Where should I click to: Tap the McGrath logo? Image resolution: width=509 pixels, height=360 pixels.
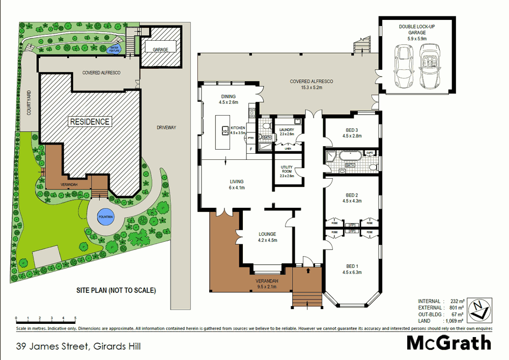(449, 343)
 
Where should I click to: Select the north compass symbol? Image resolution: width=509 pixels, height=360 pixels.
(478, 310)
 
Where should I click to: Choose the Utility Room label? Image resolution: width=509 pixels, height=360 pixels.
(287, 171)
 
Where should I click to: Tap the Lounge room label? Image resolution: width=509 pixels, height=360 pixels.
(266, 237)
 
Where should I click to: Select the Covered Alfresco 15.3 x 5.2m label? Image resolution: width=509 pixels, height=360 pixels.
(311, 84)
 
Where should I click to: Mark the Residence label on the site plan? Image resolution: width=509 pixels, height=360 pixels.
(90, 122)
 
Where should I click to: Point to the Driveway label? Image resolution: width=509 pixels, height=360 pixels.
(165, 127)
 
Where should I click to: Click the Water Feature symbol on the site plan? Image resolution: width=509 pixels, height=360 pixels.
(116, 49)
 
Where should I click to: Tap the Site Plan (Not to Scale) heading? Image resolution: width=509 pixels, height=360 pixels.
(116, 291)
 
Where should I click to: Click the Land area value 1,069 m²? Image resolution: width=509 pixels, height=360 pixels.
(453, 320)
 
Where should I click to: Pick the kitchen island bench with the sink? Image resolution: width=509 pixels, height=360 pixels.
(223, 132)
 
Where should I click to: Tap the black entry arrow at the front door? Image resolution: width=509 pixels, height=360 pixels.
(308, 270)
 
